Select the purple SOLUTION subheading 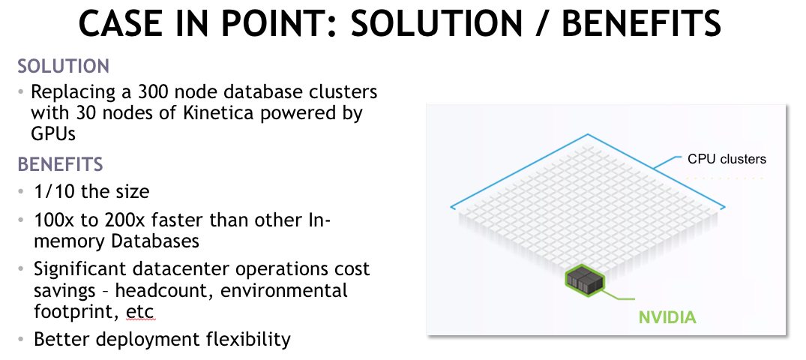tap(64, 66)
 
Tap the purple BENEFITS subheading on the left tap(61, 164)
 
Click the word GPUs tap(54, 135)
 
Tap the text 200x tap(135, 221)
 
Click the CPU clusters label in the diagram tap(727, 159)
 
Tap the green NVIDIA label tap(667, 317)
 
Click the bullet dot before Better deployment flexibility tap(22, 339)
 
